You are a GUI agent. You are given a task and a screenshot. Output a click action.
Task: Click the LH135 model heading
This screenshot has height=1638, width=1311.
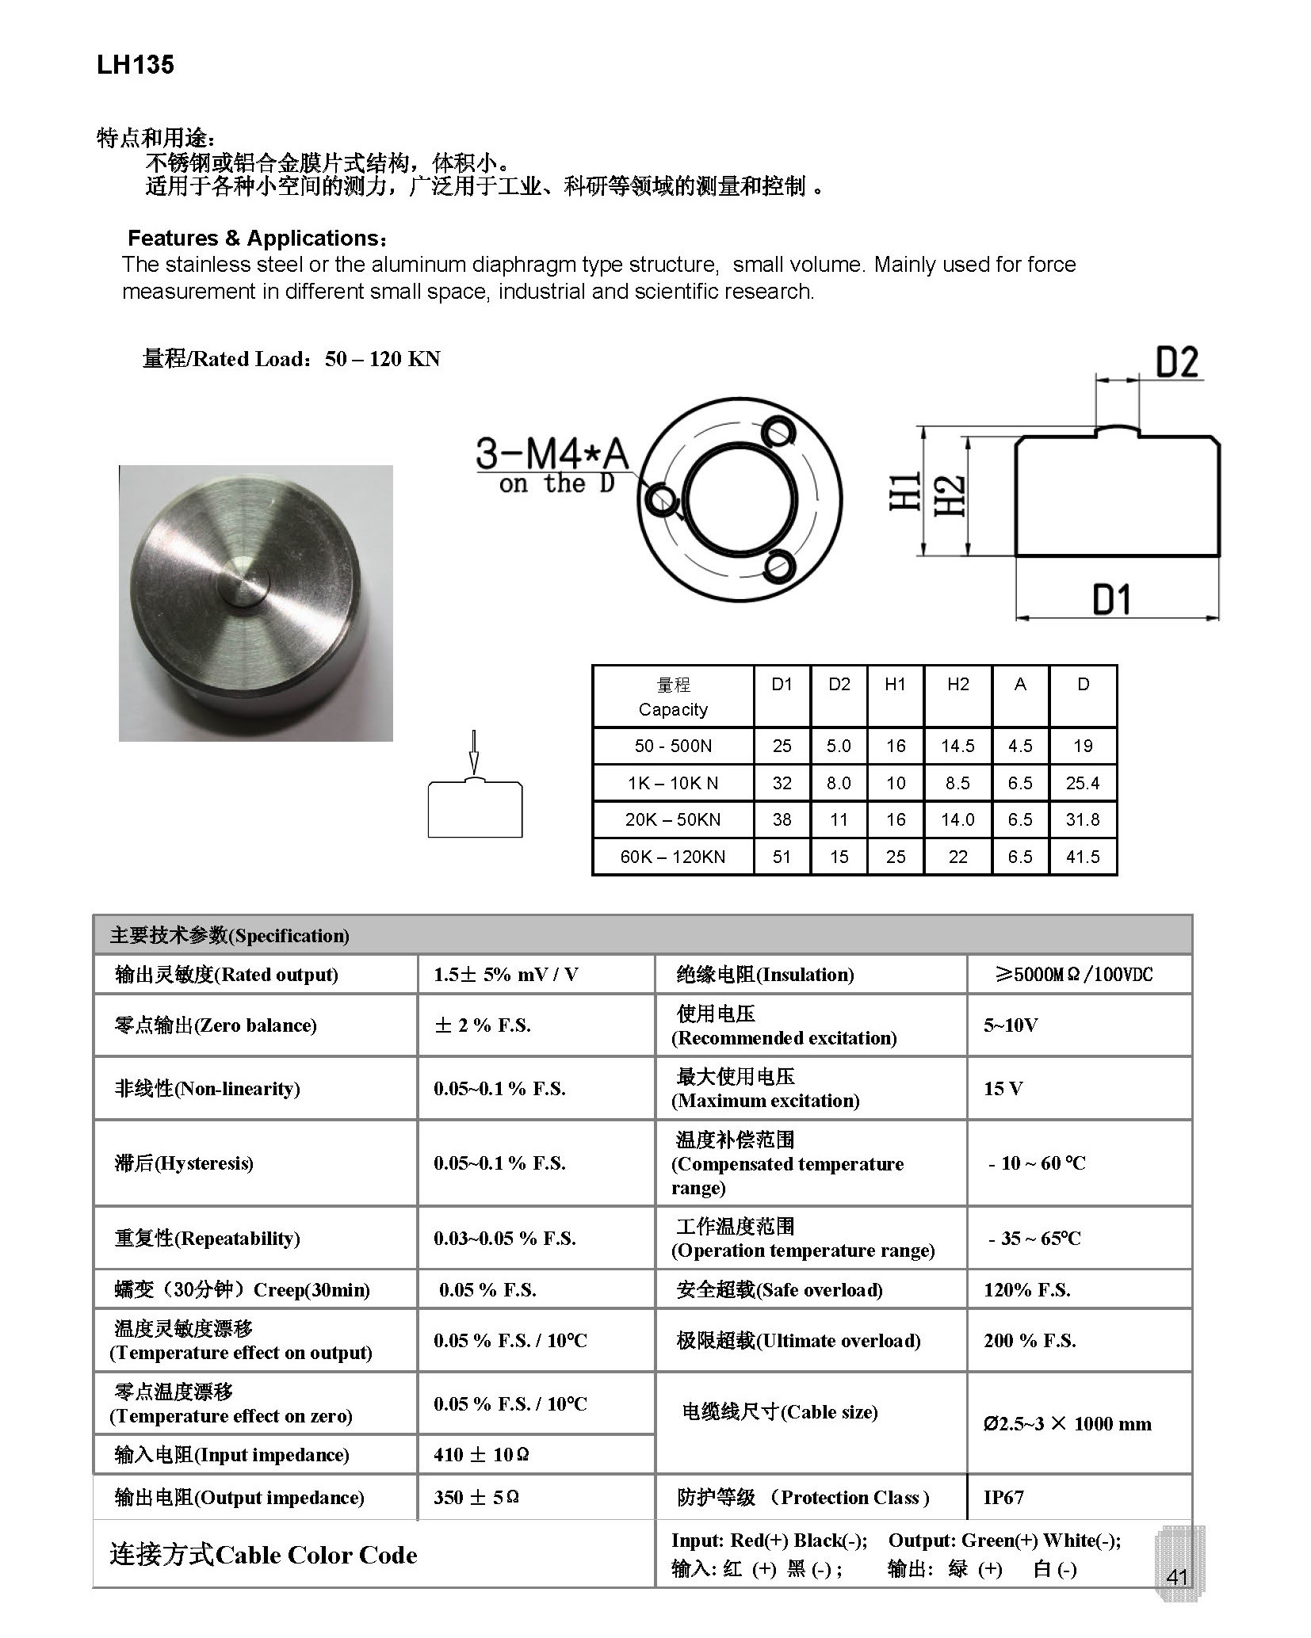(136, 65)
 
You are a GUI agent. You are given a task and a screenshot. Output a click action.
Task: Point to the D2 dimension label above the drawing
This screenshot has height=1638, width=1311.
(1177, 363)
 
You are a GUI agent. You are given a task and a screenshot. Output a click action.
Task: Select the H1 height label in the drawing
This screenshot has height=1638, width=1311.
(905, 491)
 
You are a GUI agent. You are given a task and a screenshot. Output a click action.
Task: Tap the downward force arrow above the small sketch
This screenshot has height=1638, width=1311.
(474, 750)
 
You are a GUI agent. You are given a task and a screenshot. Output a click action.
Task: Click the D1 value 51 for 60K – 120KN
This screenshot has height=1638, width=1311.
(782, 857)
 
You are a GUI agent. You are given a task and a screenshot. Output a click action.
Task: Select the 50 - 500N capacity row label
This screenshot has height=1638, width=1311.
(673, 746)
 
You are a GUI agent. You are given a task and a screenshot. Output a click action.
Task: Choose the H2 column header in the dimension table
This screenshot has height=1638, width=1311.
(957, 684)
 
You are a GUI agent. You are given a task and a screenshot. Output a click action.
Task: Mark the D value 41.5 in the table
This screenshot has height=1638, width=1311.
(1083, 857)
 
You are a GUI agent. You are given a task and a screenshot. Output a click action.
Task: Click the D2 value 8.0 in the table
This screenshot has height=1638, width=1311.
(839, 783)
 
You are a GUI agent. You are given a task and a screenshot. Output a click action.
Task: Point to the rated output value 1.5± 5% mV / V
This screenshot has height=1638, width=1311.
(506, 975)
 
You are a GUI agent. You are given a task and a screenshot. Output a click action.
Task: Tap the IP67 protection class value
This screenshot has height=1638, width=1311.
(1003, 1497)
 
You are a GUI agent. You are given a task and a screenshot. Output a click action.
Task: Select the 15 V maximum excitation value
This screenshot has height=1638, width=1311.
(1003, 1088)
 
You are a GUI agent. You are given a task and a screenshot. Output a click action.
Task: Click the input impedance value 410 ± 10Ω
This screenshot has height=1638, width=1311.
(481, 1454)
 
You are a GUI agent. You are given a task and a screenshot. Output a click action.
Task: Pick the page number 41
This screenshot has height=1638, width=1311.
(1177, 1576)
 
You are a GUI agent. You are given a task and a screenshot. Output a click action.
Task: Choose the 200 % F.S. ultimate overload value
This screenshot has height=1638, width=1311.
(1030, 1340)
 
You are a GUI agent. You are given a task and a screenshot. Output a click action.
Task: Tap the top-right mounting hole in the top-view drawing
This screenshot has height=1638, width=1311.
(778, 433)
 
